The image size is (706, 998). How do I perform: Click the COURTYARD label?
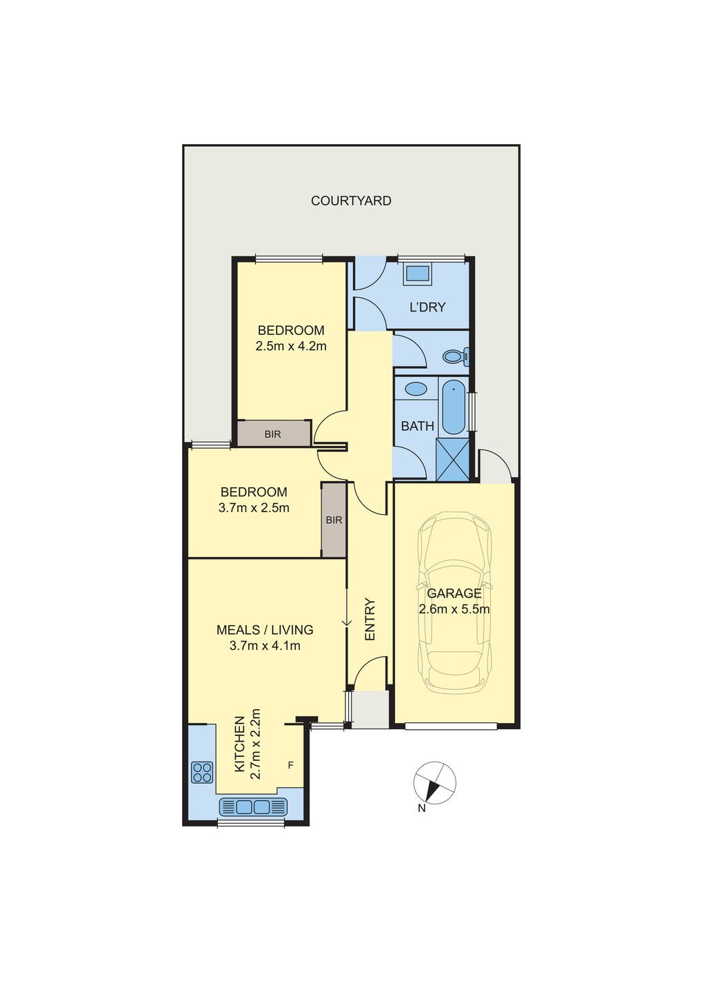(351, 201)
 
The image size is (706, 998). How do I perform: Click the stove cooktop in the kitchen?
(202, 772)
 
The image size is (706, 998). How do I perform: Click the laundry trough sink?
(417, 273)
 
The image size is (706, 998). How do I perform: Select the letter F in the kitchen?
(291, 766)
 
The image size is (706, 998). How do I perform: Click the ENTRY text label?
(370, 620)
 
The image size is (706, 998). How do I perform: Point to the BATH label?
(417, 426)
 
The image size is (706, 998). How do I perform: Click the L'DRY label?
(427, 307)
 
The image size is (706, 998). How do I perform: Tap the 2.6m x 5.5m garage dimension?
(454, 609)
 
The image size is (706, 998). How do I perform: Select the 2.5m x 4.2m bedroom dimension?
(291, 346)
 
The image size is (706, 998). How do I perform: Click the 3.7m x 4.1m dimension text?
(265, 645)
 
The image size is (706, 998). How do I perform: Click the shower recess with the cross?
(453, 459)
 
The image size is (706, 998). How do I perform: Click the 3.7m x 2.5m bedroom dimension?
(254, 507)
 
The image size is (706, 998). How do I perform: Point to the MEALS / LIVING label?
(265, 629)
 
